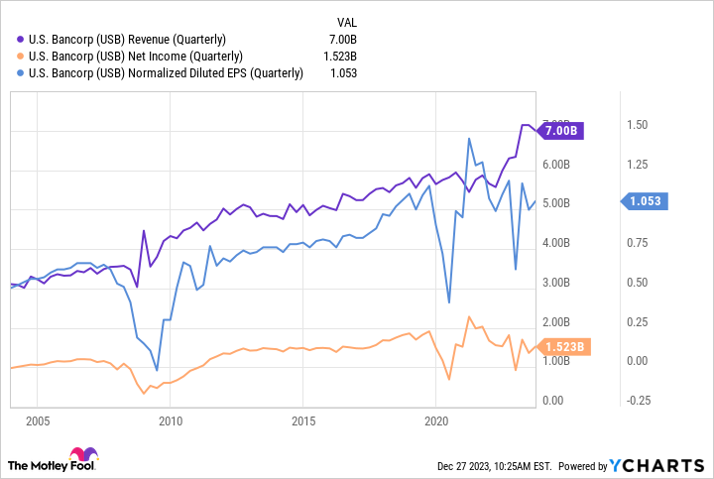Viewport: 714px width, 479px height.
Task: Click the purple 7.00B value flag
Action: [562, 130]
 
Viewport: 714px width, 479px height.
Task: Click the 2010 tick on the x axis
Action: [169, 419]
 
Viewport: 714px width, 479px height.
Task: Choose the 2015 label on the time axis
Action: [302, 419]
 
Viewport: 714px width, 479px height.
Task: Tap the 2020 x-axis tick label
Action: [436, 419]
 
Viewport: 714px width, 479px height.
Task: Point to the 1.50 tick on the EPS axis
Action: [638, 125]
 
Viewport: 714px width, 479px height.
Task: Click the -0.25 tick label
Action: [637, 401]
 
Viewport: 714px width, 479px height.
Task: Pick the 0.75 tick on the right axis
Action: [638, 242]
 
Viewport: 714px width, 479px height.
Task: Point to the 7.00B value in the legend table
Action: [343, 39]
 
